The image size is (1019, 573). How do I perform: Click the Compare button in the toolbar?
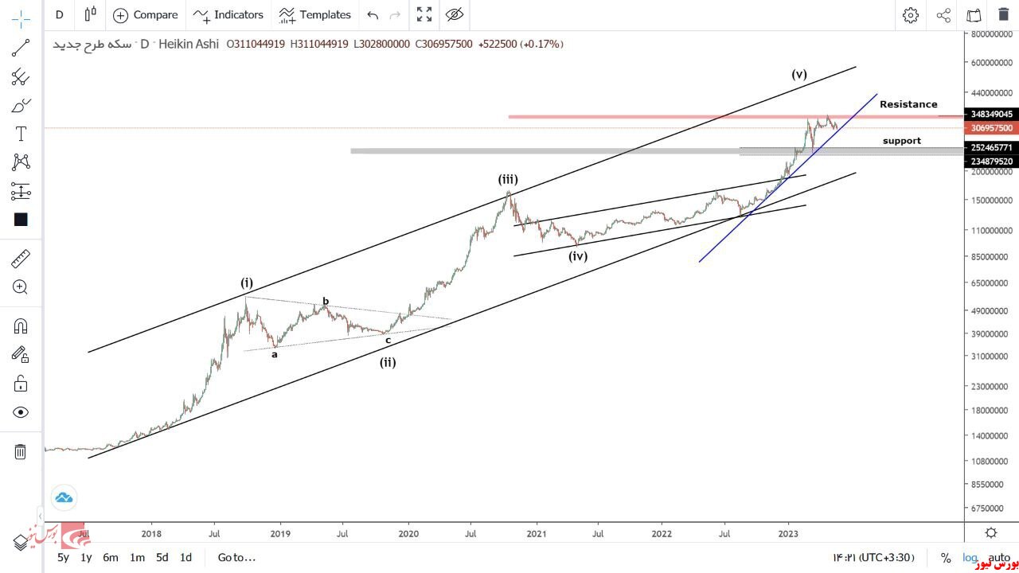[146, 14]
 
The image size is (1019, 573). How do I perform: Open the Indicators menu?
[228, 14]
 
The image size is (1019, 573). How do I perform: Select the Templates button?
[315, 14]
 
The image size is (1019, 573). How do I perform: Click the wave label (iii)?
[508, 180]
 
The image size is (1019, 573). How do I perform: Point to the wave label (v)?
[799, 75]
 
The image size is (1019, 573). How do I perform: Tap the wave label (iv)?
[578, 256]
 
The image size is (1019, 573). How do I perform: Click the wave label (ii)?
[388, 363]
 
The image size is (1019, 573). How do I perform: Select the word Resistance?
[908, 104]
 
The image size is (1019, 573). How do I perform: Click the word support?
[901, 141]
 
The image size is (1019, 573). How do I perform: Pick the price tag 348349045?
[991, 114]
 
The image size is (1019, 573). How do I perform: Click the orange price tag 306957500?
[991, 128]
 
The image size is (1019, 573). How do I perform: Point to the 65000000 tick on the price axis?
[991, 283]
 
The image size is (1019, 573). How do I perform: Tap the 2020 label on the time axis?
[408, 533]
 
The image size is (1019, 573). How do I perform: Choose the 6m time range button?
[111, 557]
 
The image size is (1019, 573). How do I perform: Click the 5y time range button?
[63, 557]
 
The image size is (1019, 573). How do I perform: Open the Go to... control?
[236, 557]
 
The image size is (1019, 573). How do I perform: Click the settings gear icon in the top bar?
[911, 14]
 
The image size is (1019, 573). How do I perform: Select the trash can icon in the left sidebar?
[21, 452]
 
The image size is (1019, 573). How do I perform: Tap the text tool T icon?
[21, 134]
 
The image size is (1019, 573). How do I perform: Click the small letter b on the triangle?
[326, 302]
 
